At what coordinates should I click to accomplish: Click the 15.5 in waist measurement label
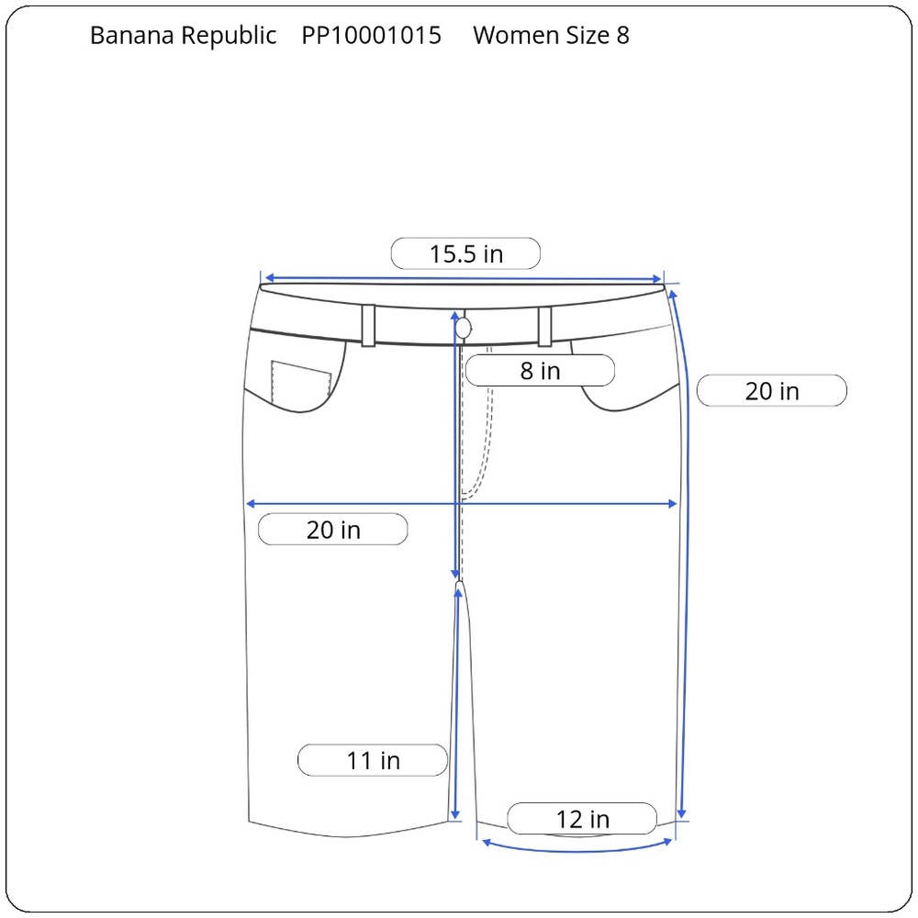465,253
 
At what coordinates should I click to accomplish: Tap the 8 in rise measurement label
540,371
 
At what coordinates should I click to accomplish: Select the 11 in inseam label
373,760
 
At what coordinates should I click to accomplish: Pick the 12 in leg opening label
582,819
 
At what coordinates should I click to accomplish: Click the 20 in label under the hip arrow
333,530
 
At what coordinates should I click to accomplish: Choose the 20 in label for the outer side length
772,390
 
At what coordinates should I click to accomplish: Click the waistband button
463,329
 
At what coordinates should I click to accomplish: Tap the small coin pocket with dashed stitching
301,381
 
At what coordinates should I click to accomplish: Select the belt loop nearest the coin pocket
368,326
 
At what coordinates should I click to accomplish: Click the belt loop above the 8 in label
544,326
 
